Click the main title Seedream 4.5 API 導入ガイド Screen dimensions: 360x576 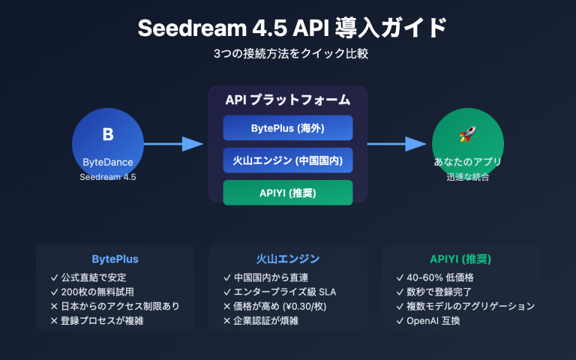[x=287, y=28]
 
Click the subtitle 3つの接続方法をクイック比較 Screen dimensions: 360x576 [x=287, y=55]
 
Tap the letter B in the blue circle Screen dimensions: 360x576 [x=107, y=134]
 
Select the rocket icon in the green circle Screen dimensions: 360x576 [x=467, y=134]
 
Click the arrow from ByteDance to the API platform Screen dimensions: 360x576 [x=173, y=143]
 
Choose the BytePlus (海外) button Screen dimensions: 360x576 [x=287, y=127]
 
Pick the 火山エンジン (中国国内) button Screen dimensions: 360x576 [x=287, y=160]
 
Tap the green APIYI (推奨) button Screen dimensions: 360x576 [x=287, y=193]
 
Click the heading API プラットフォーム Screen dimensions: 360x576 [x=287, y=100]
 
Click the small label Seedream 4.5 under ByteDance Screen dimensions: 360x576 [x=107, y=177]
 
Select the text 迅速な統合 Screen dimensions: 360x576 [x=467, y=177]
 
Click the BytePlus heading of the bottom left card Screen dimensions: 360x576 [x=115, y=259]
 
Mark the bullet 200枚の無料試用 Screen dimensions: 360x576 [x=107, y=292]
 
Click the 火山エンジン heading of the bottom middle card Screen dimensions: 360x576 [x=287, y=259]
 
